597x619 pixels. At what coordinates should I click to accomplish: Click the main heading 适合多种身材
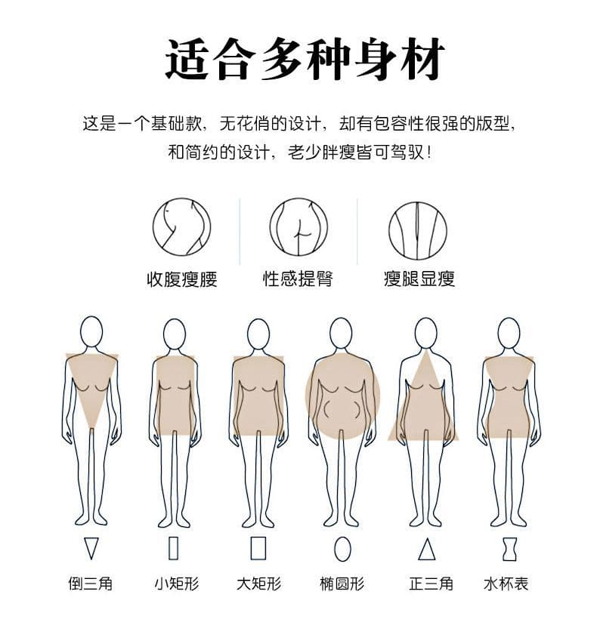tap(305, 58)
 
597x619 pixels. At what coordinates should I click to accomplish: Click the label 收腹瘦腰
tap(182, 279)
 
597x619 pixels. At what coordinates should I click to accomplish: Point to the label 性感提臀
tap(298, 279)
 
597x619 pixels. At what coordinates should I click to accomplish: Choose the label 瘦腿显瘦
tap(419, 279)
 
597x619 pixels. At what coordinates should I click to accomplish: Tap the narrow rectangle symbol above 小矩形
tap(174, 548)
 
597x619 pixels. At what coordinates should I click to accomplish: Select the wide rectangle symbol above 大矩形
tap(258, 548)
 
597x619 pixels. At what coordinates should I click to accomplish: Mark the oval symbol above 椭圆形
tap(342, 549)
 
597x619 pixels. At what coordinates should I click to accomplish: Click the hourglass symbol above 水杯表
tap(509, 549)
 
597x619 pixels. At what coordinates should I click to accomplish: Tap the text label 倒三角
tap(91, 583)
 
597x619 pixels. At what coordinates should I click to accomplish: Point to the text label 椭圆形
tap(342, 583)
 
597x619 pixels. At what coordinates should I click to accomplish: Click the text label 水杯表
tap(506, 583)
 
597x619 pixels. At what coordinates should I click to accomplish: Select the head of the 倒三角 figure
tap(91, 331)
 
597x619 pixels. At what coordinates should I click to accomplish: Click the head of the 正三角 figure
tap(426, 333)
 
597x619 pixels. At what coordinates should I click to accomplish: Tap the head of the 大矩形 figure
tap(258, 334)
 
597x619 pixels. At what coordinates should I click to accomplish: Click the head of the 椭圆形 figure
tap(341, 333)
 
